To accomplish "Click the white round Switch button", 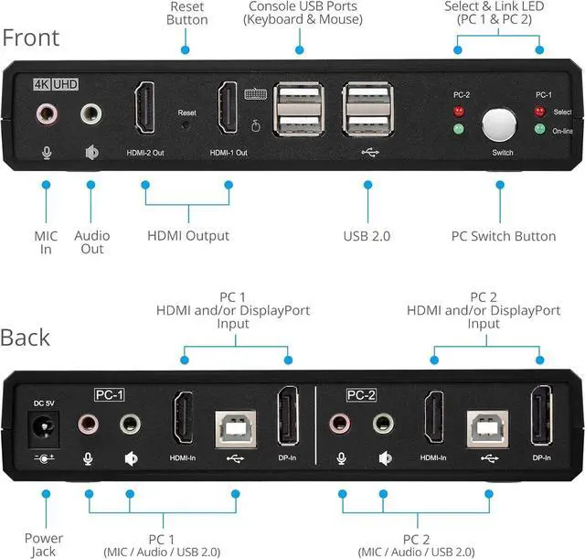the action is (499, 125).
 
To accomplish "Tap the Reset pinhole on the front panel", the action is (186, 125).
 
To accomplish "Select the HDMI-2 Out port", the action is (144, 108).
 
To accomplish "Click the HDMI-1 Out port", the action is (228, 108).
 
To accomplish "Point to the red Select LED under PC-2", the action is (459, 112).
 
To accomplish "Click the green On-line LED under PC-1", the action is (539, 129).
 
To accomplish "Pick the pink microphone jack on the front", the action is (47, 113).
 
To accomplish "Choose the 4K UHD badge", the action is (56, 84).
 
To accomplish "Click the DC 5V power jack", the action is (44, 429).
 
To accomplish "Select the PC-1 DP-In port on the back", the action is (288, 416).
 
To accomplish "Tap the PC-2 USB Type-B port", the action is (487, 429).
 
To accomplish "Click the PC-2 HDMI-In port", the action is (434, 417).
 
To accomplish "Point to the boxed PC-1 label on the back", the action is (109, 394).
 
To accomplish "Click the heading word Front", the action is (31, 38).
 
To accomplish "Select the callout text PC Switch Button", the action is (504, 236).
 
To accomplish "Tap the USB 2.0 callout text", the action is (367, 236).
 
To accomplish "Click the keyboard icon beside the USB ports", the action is (256, 94).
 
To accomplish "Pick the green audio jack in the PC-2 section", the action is (383, 424).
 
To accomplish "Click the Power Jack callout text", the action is (44, 544).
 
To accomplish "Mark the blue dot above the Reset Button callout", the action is (185, 49).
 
